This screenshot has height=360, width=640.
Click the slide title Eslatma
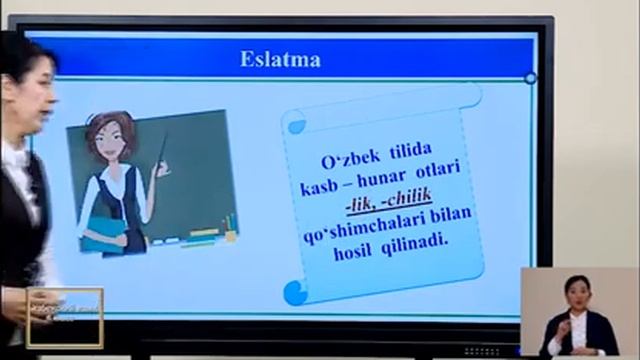[280, 59]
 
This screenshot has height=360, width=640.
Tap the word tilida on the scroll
[408, 163]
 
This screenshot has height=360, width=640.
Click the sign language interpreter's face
[575, 292]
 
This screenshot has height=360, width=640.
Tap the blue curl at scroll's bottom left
[295, 292]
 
